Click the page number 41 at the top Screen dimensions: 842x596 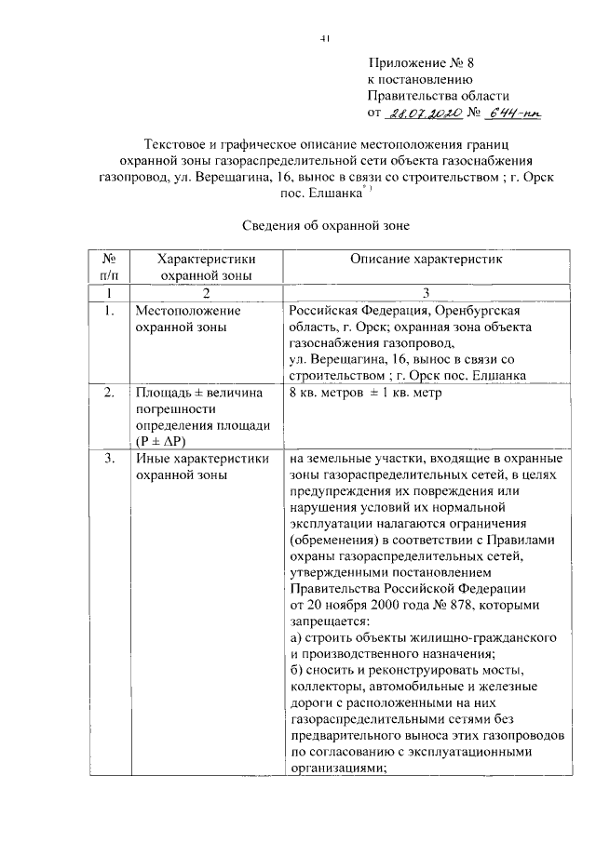pyautogui.click(x=325, y=38)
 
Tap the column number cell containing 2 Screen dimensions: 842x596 pyautogui.click(x=206, y=292)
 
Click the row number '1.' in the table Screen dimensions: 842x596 pyautogui.click(x=109, y=311)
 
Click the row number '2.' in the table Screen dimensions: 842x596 pyautogui.click(x=109, y=393)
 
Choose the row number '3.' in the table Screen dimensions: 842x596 pyautogui.click(x=109, y=458)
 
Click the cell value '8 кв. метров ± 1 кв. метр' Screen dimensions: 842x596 pyautogui.click(x=364, y=393)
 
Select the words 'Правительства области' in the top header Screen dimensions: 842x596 pyautogui.click(x=438, y=96)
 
